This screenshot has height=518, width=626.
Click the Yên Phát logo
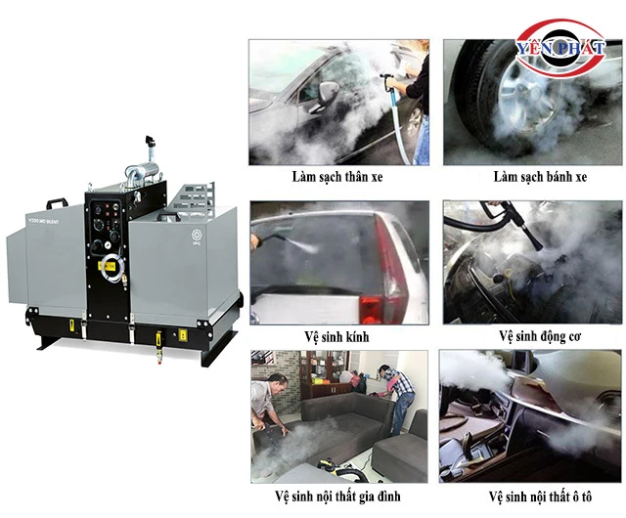[559, 48]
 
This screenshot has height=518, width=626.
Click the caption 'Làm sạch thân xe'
[337, 177]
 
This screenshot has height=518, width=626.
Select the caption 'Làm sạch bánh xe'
[540, 177]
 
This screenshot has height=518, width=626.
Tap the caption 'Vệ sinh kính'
[336, 337]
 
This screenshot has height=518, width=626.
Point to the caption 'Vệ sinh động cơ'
[540, 336]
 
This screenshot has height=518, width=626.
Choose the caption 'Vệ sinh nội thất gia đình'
[337, 496]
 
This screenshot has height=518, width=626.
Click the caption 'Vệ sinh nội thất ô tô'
[540, 496]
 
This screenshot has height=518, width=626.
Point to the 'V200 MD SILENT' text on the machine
[43, 221]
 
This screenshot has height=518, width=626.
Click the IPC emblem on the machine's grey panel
[196, 236]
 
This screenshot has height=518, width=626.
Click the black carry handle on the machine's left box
[58, 203]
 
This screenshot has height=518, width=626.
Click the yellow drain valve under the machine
[158, 342]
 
